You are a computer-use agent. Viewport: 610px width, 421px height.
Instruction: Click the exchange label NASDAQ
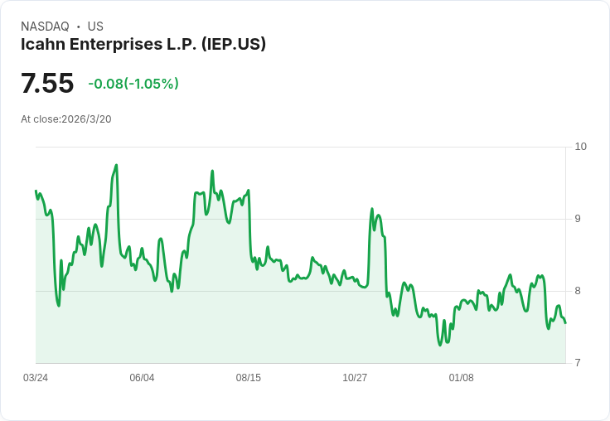coord(45,27)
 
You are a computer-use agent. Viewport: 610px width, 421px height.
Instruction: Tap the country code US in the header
coord(95,27)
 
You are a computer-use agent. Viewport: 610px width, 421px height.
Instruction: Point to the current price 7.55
coord(47,84)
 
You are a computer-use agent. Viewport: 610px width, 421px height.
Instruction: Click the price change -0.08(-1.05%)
coord(133,84)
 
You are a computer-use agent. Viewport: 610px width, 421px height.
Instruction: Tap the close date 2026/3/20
coord(87,119)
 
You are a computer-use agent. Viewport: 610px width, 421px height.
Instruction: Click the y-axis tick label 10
coord(580,147)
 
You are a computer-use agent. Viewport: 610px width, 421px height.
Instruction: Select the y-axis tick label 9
coord(578,219)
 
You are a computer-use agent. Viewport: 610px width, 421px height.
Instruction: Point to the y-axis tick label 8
coord(578,291)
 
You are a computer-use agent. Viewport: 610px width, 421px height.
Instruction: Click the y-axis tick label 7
coord(578,363)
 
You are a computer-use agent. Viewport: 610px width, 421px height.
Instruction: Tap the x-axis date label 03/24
coord(36,378)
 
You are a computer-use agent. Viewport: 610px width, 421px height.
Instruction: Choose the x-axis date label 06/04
coord(142,378)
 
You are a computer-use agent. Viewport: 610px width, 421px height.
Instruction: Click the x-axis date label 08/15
coord(248,378)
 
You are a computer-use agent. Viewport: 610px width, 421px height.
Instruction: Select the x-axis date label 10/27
coord(355,378)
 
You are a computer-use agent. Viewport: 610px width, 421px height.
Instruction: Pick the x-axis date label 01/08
coord(461,378)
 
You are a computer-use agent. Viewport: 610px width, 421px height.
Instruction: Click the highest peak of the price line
coord(116,165)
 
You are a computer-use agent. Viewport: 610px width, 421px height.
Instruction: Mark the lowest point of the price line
coord(440,345)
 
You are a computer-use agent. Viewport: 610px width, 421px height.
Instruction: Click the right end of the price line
coord(565,323)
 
